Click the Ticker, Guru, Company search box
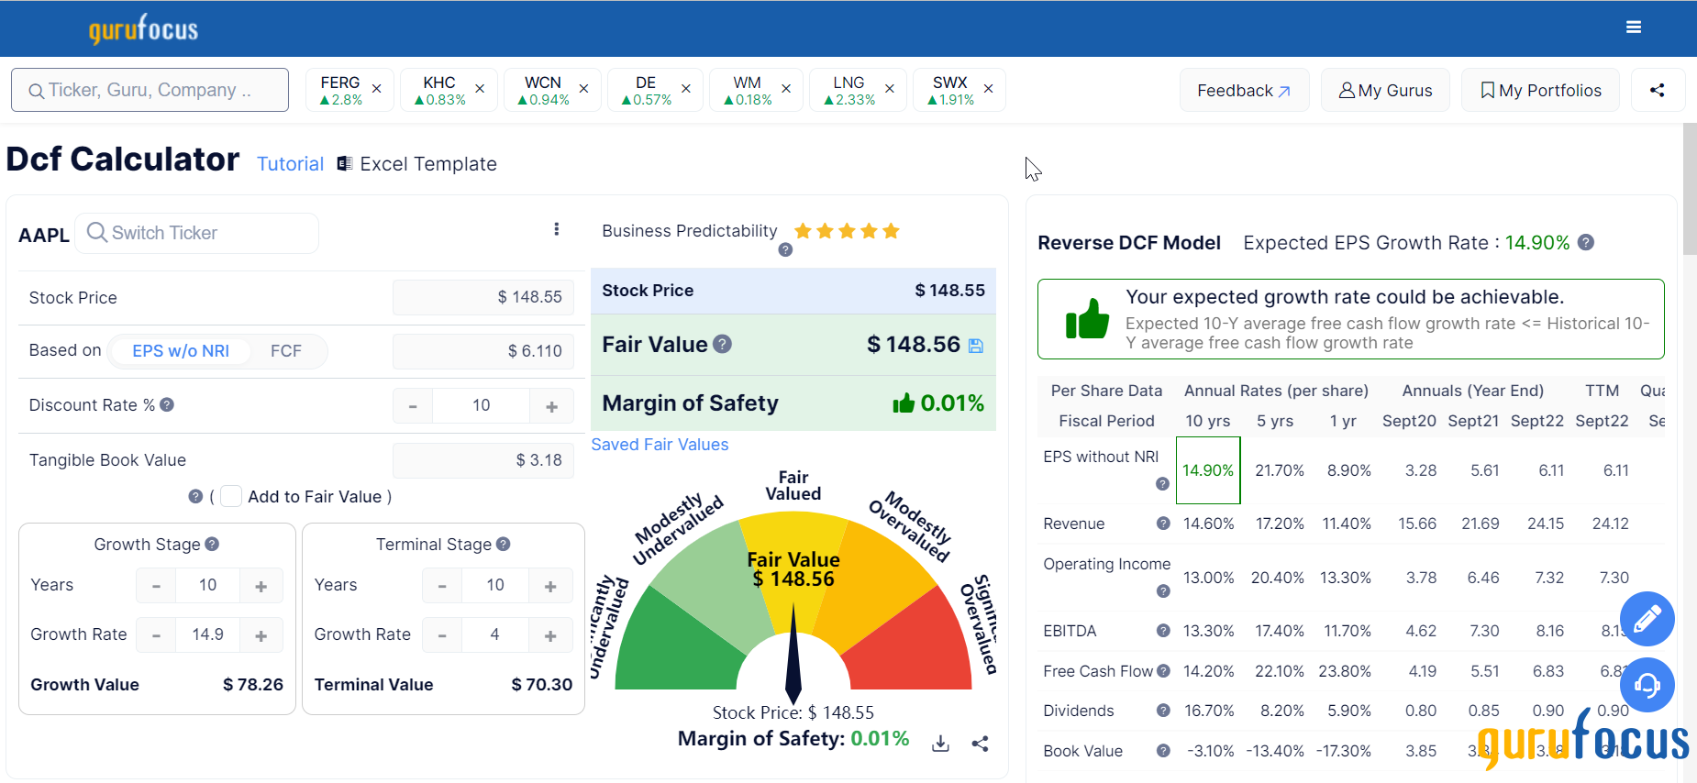click(150, 90)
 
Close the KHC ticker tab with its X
click(480, 89)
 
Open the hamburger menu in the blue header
click(1634, 28)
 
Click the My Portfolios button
click(1540, 90)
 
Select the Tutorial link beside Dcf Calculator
click(290, 164)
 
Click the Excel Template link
click(427, 164)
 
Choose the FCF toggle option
click(286, 351)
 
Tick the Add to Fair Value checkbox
click(231, 496)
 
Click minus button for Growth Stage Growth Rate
click(157, 635)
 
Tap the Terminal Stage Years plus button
click(550, 586)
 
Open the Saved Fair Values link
click(660, 445)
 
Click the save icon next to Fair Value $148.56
click(976, 346)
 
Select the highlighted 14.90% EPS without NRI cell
click(1207, 470)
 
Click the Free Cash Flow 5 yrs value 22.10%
click(1279, 671)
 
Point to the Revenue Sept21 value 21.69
click(1480, 524)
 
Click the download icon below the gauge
click(940, 744)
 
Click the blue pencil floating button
click(1647, 619)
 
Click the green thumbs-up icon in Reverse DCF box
click(1087, 319)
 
